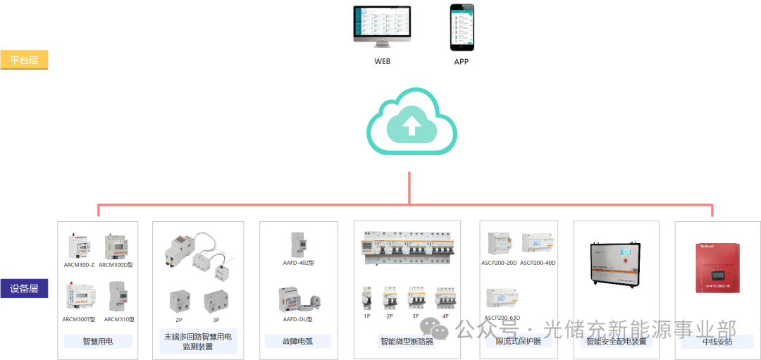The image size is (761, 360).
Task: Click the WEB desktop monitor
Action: pos(383,27)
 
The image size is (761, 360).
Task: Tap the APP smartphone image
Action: pos(462,27)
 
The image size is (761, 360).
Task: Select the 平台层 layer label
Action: pos(24,60)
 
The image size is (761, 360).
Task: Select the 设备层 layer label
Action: pos(24,288)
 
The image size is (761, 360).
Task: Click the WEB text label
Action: pos(383,61)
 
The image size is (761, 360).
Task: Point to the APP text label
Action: pos(462,61)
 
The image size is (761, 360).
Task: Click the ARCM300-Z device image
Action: pos(79,246)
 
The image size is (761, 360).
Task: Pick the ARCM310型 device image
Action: pos(117,297)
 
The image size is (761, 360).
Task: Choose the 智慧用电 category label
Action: pos(98,341)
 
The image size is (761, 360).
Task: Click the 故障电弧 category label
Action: pos(297,341)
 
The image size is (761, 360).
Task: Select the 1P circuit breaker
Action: pos(366,299)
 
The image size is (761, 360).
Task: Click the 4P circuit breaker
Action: pos(445,299)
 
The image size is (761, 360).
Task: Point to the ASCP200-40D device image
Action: pos(538,243)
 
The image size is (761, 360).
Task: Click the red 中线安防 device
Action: pos(718,268)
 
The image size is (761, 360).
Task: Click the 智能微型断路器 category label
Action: pos(407,342)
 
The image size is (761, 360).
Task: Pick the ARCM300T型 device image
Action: pos(79,297)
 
